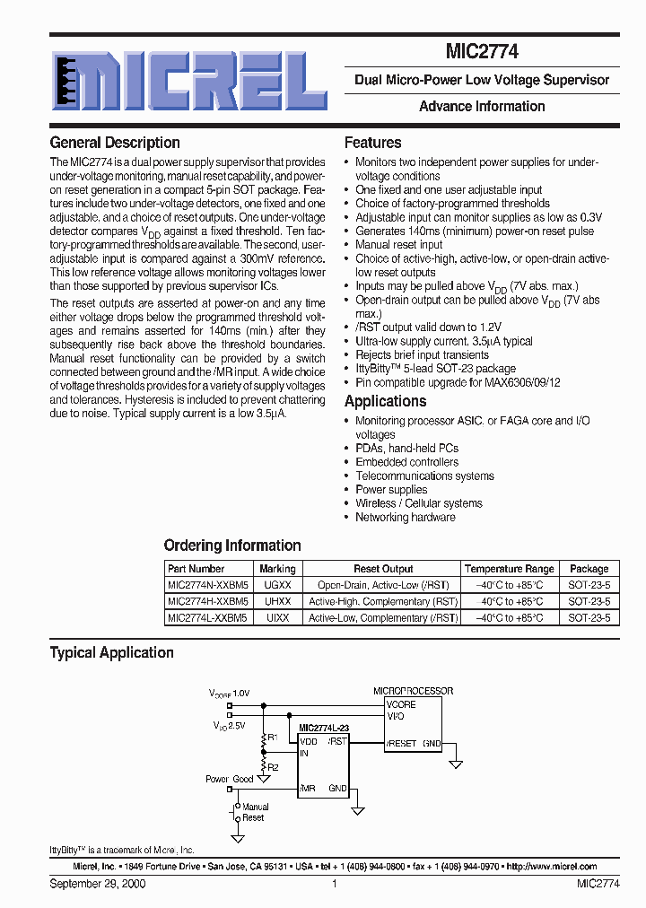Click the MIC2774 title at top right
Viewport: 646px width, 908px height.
pyautogui.click(x=481, y=53)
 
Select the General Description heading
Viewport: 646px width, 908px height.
pyautogui.click(x=114, y=143)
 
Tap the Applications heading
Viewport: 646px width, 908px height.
pyautogui.click(x=385, y=401)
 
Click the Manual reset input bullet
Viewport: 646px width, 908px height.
pyautogui.click(x=398, y=244)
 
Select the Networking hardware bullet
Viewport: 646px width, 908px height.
pyautogui.click(x=405, y=517)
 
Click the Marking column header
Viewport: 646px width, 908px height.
pyautogui.click(x=277, y=569)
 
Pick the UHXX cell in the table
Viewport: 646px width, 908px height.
pyautogui.click(x=277, y=601)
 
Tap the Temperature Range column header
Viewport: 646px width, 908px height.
pyautogui.click(x=509, y=569)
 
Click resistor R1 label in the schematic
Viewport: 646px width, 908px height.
pyautogui.click(x=274, y=737)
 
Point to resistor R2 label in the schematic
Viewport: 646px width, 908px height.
pyautogui.click(x=274, y=767)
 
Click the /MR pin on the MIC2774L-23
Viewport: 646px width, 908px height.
pyautogui.click(x=308, y=789)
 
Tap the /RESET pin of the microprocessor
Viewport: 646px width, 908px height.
pyautogui.click(x=401, y=744)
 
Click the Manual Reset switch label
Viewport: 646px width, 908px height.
pyautogui.click(x=255, y=812)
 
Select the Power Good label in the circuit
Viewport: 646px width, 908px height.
pyautogui.click(x=229, y=780)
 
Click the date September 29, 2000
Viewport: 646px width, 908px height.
pyautogui.click(x=98, y=884)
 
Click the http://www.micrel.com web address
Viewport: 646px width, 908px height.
pyautogui.click(x=552, y=867)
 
